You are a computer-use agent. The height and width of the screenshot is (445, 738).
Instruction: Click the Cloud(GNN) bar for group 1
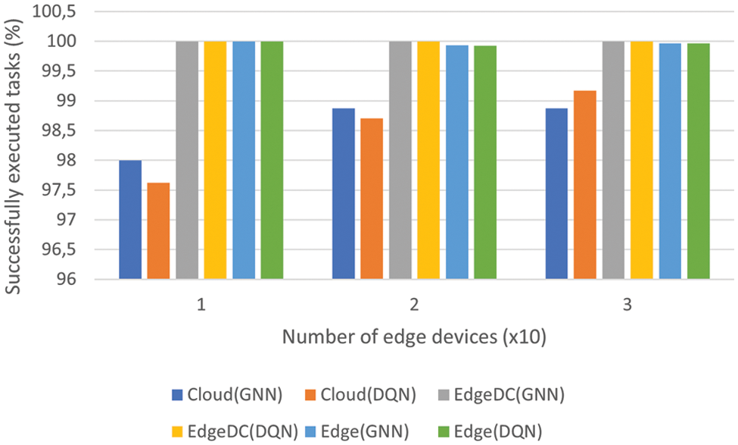pos(130,220)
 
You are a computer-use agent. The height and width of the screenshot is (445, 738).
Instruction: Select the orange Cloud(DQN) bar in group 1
pos(158,231)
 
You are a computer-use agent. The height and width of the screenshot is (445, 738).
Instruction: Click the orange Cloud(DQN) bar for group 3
pos(585,185)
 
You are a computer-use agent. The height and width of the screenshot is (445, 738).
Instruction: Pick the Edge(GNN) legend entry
pos(371,431)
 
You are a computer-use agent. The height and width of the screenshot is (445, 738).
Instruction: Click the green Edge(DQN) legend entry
pos(503,431)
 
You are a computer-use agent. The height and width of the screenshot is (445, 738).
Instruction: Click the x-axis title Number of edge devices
pos(414,337)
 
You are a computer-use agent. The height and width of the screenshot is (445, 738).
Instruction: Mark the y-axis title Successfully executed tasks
pos(15,148)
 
